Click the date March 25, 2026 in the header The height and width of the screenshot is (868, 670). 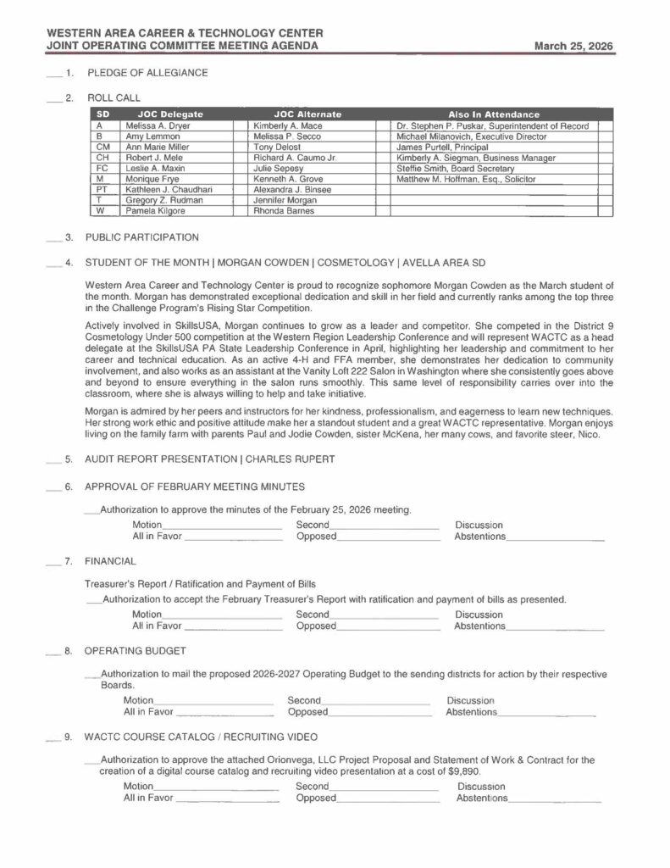(x=573, y=46)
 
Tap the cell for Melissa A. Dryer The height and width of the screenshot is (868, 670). (x=158, y=125)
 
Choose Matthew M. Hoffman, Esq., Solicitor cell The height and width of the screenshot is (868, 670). (x=466, y=179)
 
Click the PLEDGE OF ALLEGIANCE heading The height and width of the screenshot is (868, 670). (x=147, y=73)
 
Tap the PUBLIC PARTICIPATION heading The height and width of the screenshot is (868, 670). (x=142, y=237)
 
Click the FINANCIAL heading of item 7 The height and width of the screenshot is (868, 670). (x=110, y=561)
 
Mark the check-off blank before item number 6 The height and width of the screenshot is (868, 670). (x=55, y=488)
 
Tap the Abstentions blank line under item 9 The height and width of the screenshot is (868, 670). (x=554, y=799)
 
